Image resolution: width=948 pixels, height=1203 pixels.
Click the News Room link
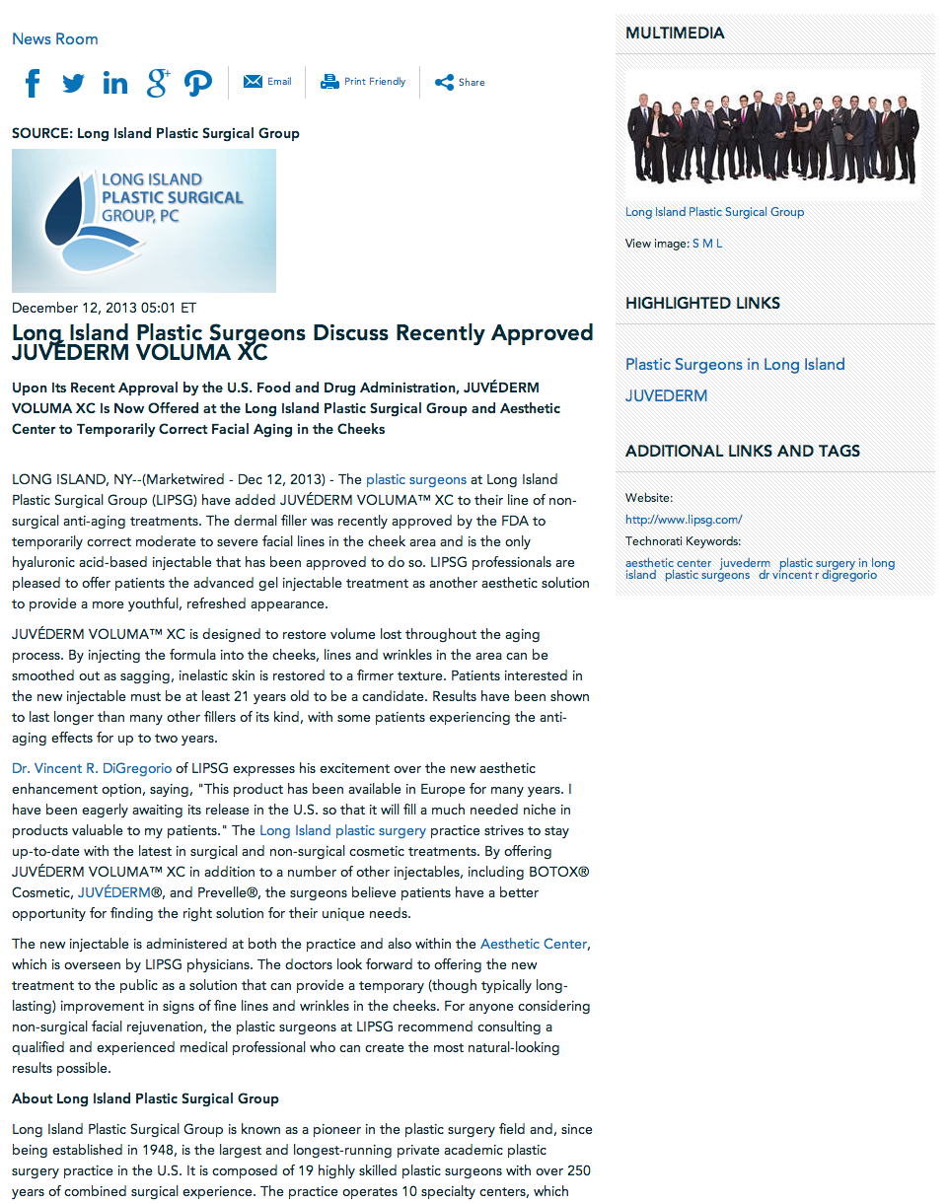[55, 39]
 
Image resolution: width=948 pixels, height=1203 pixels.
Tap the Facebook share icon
[33, 83]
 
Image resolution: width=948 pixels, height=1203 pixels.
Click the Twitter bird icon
[73, 83]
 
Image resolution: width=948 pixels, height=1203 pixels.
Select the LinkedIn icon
[115, 83]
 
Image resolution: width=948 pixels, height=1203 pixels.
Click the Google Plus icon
[158, 83]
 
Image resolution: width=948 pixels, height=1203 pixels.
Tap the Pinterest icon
[198, 83]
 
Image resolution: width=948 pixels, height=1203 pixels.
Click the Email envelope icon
[253, 82]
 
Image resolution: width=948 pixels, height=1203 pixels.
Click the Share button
[460, 83]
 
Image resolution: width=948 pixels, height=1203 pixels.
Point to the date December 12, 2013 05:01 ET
[104, 308]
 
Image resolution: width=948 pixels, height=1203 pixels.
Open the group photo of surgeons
[773, 135]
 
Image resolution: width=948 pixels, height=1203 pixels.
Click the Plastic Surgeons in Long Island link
[735, 365]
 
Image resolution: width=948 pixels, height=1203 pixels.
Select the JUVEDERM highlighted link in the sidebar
[666, 396]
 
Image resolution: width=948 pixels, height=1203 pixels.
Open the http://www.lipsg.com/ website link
[684, 519]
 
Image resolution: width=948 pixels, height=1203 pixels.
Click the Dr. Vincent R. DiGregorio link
[92, 768]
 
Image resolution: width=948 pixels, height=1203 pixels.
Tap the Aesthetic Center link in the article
[534, 944]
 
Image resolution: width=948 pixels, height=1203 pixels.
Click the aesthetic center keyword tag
[668, 563]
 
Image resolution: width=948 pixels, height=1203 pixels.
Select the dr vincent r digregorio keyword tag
[817, 575]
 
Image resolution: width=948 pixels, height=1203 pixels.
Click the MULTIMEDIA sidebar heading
[675, 34]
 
